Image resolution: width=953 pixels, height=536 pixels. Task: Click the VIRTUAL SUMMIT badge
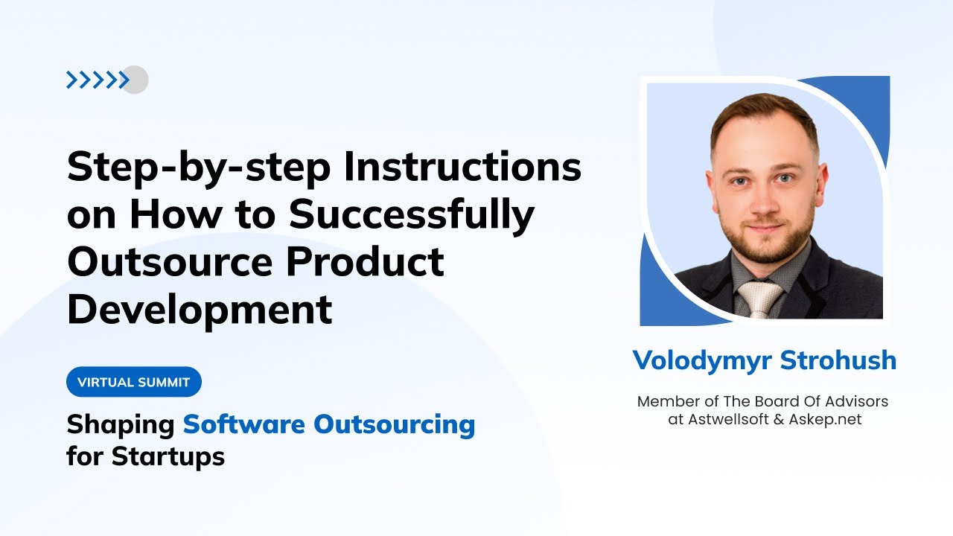click(134, 382)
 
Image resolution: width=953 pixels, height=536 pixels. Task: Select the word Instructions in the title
click(462, 167)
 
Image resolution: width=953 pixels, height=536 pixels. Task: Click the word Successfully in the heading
click(412, 215)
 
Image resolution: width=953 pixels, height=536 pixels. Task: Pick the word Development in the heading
click(200, 309)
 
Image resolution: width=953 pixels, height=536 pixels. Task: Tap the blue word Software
click(244, 424)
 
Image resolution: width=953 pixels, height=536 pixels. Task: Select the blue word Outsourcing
click(394, 424)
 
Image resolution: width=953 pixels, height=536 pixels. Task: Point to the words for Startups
click(146, 456)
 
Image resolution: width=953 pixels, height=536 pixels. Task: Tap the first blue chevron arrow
click(71, 80)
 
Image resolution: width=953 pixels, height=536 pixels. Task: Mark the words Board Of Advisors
click(826, 401)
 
